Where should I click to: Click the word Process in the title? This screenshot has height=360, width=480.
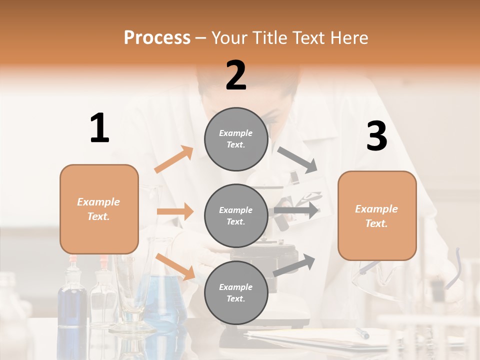tap(157, 37)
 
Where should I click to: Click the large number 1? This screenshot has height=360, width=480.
tap(99, 128)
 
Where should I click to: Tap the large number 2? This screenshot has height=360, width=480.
tap(236, 75)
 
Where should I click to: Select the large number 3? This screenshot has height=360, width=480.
tap(376, 136)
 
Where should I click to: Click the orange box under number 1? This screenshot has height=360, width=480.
tap(99, 209)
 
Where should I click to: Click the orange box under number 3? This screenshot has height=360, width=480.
tap(377, 216)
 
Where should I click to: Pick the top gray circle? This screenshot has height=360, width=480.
tap(236, 139)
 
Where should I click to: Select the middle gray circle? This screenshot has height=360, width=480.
tap(236, 216)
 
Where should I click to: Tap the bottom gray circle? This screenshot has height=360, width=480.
tap(236, 293)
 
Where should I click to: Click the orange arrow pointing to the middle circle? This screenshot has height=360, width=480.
tap(175, 211)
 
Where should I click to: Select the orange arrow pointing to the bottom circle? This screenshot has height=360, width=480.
tap(175, 266)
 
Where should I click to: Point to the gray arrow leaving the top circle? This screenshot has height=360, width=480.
tap(298, 160)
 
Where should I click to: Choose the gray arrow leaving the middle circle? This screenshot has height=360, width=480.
tap(296, 210)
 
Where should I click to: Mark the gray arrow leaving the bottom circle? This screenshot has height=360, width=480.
tap(294, 265)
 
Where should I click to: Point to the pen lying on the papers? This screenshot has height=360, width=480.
tap(362, 333)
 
